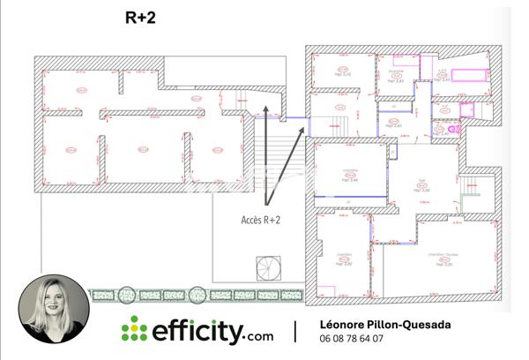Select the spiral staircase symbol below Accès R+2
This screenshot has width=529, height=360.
[x=267, y=266]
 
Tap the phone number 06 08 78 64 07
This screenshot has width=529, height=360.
[x=351, y=339]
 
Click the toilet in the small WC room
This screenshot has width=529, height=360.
[x=454, y=129]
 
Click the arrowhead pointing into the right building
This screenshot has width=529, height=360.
[x=305, y=127]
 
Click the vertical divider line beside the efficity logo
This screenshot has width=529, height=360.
[x=295, y=332]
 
